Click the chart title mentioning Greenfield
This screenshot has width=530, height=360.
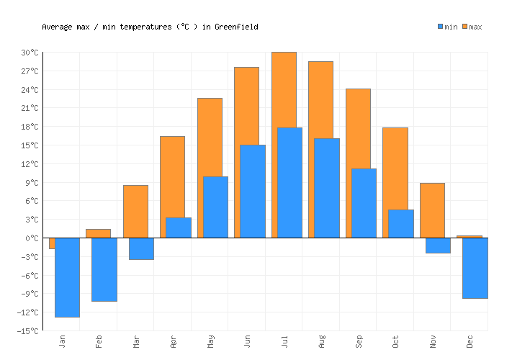click(150, 27)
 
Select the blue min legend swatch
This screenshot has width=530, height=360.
click(440, 27)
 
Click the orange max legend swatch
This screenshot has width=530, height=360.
click(465, 27)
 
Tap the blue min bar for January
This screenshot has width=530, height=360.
click(67, 277)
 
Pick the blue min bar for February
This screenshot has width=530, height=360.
click(104, 269)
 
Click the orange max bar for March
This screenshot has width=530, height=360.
click(135, 211)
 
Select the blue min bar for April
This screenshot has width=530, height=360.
click(179, 228)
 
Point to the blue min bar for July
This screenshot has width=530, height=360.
click(289, 182)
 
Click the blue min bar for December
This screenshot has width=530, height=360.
click(475, 268)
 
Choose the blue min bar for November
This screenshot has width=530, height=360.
click(438, 246)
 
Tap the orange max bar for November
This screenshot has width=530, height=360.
click(432, 210)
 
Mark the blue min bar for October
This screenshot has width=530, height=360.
click(401, 223)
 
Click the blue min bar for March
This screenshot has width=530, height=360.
click(141, 248)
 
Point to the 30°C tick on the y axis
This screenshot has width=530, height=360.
click(30, 53)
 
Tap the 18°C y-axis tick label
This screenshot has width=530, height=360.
click(30, 127)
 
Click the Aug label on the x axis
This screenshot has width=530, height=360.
click(322, 341)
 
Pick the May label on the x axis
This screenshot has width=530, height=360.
click(210, 341)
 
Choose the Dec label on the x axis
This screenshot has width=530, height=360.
click(470, 341)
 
